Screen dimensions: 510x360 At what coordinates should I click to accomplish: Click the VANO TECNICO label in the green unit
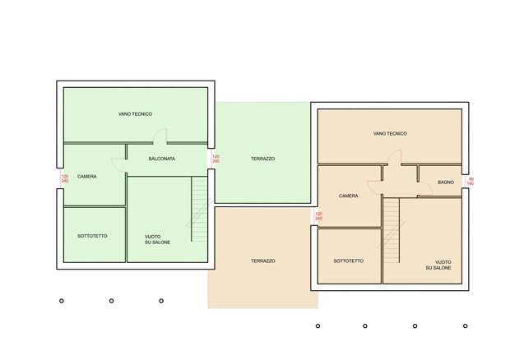tap(135, 114)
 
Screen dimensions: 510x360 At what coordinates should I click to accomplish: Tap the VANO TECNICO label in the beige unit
tap(390, 133)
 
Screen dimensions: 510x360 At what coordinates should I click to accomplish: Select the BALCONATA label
tap(162, 159)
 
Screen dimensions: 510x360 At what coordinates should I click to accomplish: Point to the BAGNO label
tap(446, 182)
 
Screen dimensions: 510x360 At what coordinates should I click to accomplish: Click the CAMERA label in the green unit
tap(87, 177)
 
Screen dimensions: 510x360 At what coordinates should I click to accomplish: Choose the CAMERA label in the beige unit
tap(348, 196)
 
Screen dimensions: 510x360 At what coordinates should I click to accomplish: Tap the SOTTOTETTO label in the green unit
tap(92, 236)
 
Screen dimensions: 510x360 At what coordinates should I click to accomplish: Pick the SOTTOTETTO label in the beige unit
tap(348, 261)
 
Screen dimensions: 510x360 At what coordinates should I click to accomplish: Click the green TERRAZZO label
tap(262, 159)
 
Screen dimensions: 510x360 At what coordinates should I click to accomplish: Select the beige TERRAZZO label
tap(262, 261)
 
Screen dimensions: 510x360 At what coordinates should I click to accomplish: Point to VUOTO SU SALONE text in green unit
tap(157, 239)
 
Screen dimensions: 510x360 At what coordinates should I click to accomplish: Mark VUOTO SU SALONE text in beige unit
tap(438, 265)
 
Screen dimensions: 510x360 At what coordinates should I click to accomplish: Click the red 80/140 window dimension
tap(471, 182)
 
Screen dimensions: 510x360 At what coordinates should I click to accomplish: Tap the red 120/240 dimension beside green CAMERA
tap(65, 178)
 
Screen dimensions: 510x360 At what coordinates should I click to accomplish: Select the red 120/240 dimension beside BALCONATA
tap(216, 159)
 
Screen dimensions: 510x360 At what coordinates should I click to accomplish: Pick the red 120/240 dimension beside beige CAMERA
tap(318, 216)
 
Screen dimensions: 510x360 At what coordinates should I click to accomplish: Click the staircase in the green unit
tap(199, 210)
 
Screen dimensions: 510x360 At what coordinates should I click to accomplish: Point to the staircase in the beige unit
tap(391, 231)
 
